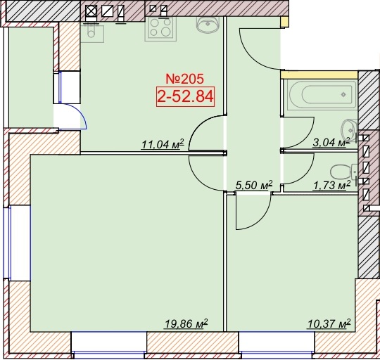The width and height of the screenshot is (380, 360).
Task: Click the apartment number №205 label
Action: pyautogui.click(x=185, y=79)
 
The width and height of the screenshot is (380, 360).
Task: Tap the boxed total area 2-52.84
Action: pyautogui.click(x=186, y=96)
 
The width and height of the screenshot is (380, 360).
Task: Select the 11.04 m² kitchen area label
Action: pyautogui.click(x=163, y=144)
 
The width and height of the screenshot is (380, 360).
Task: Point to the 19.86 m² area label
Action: pyautogui.click(x=186, y=323)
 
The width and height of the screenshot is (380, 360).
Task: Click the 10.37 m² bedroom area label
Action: pyautogui.click(x=329, y=323)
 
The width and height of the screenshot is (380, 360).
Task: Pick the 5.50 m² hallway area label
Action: pyautogui.click(x=254, y=186)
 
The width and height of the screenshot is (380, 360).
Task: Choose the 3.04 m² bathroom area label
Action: pyautogui.click(x=331, y=142)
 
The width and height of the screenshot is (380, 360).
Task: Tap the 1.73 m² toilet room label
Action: pyautogui.click(x=332, y=186)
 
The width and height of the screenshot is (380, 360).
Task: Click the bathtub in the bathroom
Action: pyautogui.click(x=322, y=95)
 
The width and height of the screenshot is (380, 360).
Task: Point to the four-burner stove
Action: pyautogui.click(x=160, y=28)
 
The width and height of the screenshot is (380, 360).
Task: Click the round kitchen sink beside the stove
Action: pyautogui.click(x=208, y=24)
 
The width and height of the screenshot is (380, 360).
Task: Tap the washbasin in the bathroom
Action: pyautogui.click(x=349, y=130)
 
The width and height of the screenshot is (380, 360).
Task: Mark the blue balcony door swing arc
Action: pyautogui.click(x=81, y=112)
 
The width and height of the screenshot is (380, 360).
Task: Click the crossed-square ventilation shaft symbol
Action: pyautogui.click(x=91, y=11)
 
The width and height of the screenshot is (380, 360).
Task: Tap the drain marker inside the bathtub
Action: pyautogui.click(x=343, y=95)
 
